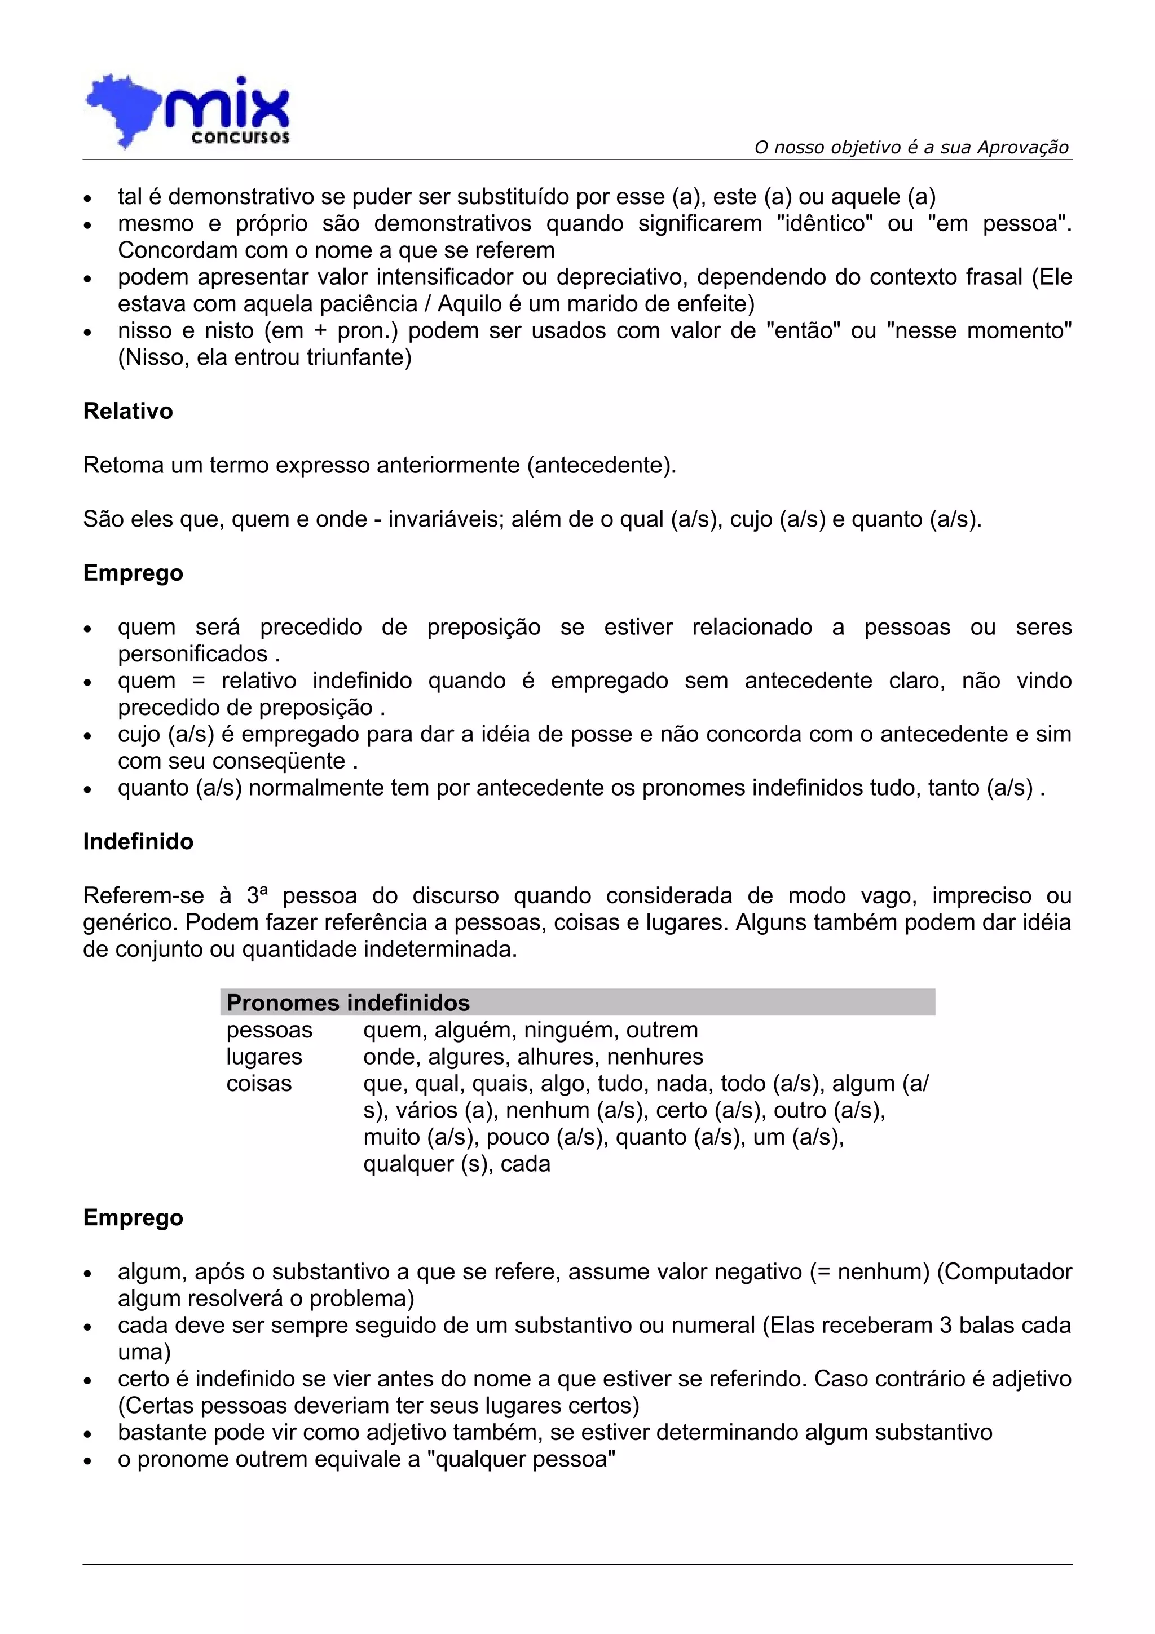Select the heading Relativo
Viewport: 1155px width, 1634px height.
point(128,412)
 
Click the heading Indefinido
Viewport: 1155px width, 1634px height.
point(138,841)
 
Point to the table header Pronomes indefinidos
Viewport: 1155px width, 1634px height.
point(348,1003)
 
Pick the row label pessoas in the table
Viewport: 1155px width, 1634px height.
point(269,1030)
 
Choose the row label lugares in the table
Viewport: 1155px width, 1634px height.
point(264,1057)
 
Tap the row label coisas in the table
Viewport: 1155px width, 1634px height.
point(259,1084)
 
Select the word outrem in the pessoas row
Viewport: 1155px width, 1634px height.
point(662,1030)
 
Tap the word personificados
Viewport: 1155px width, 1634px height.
point(193,654)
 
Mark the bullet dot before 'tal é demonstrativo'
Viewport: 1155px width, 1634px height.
point(87,198)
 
